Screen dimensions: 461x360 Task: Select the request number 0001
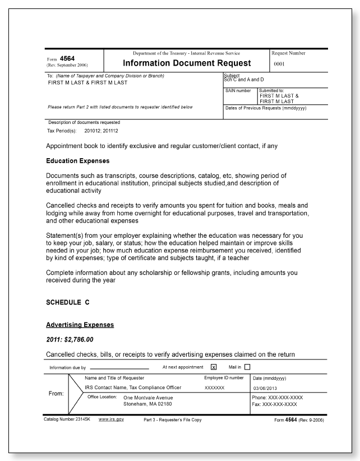(x=280, y=64)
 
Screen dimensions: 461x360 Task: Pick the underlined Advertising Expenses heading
(x=80, y=325)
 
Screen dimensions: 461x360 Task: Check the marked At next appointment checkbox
(x=214, y=368)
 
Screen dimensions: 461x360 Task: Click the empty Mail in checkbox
(x=247, y=368)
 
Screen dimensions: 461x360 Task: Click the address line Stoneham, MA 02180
(x=147, y=404)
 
